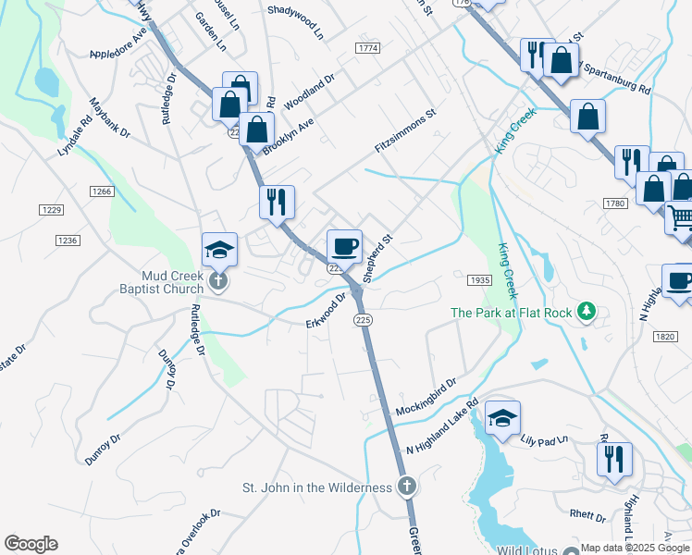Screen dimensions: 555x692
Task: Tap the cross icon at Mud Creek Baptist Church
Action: pos(218,281)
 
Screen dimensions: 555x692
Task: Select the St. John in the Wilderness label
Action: pos(317,487)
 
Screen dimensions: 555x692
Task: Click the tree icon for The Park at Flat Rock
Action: pos(585,312)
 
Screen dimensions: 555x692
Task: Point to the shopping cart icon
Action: pos(681,218)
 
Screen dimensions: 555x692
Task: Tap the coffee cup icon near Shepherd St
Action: pos(344,246)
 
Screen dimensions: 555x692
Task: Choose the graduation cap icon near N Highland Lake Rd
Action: pos(503,417)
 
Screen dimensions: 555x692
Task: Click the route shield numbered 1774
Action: pos(367,46)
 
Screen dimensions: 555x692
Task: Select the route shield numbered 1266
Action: pos(102,191)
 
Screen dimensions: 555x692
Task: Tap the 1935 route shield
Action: pos(479,279)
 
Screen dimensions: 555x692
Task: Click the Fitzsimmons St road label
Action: pos(404,133)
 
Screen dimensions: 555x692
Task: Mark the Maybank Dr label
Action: pos(110,117)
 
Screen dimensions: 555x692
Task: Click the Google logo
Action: pos(31,544)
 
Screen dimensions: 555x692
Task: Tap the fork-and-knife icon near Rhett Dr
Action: pos(615,459)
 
